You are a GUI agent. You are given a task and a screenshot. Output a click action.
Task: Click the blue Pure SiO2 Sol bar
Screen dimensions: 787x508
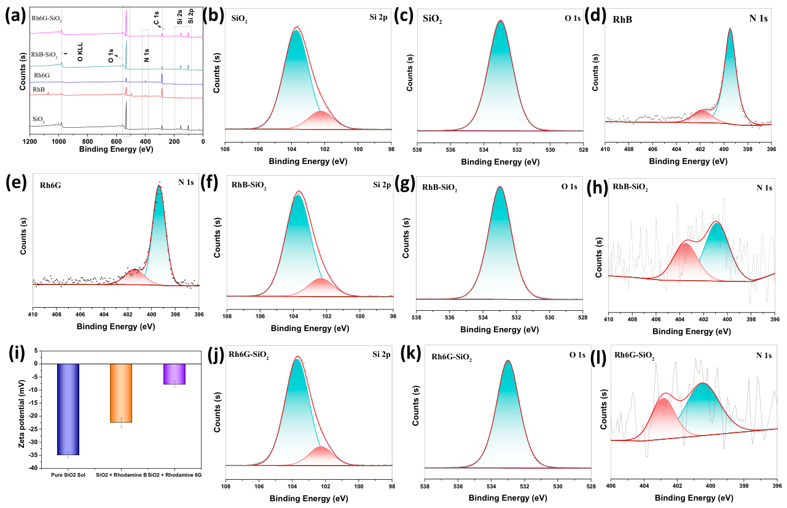(x=68, y=409)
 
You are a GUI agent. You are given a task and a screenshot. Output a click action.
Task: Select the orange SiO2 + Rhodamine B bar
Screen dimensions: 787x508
(x=121, y=393)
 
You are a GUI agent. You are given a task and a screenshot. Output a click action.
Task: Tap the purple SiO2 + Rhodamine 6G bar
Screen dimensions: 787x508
(x=174, y=374)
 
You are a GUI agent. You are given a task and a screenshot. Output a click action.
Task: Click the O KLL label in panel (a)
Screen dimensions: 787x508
(x=80, y=52)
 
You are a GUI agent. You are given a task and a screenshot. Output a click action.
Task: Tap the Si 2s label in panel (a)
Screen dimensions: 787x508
(x=179, y=17)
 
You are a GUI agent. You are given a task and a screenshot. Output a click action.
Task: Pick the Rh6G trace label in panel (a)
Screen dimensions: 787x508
(x=42, y=75)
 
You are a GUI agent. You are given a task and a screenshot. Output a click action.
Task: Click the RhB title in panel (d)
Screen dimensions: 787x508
(x=622, y=19)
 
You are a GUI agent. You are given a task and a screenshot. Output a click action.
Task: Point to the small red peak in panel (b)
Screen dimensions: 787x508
(x=321, y=119)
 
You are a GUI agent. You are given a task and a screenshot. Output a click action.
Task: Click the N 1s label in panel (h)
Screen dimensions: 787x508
(x=764, y=188)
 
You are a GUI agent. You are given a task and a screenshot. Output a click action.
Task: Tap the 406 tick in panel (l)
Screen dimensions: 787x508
(x=611, y=486)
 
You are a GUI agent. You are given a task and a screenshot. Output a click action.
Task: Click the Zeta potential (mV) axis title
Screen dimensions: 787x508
(x=22, y=409)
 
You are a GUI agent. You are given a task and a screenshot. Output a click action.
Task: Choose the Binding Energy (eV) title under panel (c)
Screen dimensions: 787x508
(x=500, y=162)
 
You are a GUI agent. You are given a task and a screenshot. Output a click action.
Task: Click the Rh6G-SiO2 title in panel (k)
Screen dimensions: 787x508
(x=452, y=358)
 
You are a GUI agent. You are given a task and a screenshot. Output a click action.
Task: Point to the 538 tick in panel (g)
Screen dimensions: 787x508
(x=417, y=318)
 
